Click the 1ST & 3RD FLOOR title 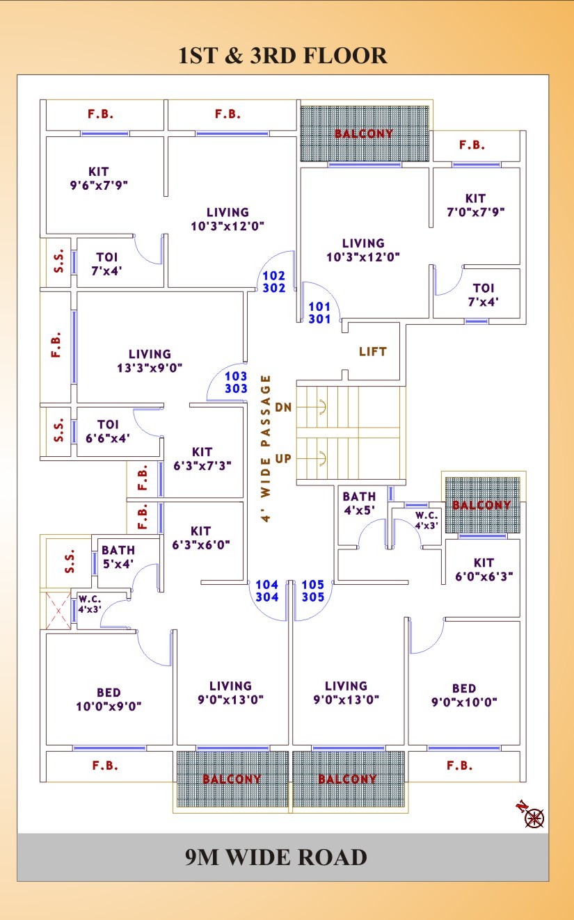(x=282, y=56)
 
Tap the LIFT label (x=372, y=351)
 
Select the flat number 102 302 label (x=274, y=282)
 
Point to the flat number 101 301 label (x=319, y=312)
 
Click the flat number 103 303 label (x=236, y=382)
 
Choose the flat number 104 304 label (x=267, y=591)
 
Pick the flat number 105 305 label (x=313, y=591)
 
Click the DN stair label (x=282, y=407)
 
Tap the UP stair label (x=283, y=459)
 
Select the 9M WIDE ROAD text (x=276, y=857)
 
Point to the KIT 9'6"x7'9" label (x=99, y=179)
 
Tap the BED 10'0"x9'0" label (x=109, y=700)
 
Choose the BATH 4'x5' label (x=359, y=503)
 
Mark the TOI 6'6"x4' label (x=108, y=431)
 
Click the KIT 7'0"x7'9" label (x=475, y=205)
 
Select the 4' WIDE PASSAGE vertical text (x=266, y=449)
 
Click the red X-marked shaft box (x=58, y=611)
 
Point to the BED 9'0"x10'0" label (x=464, y=695)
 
